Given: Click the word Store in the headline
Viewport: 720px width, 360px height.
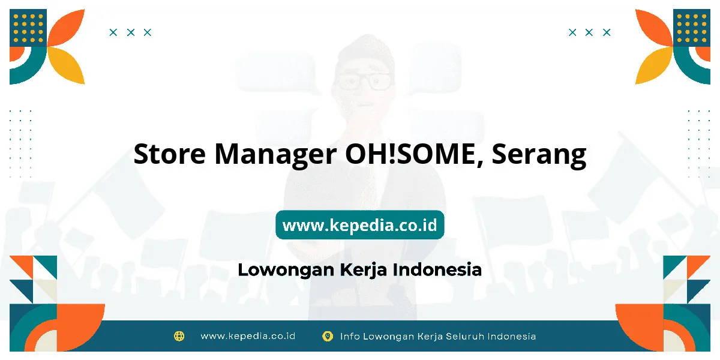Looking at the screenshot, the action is (169, 154).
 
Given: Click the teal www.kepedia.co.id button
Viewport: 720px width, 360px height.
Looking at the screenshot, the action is (359, 224).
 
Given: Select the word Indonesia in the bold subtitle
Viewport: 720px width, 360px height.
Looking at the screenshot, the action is (437, 269).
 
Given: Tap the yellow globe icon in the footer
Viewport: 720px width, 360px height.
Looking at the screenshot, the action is (179, 336).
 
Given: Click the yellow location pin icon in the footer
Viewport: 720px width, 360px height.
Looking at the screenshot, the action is (328, 336).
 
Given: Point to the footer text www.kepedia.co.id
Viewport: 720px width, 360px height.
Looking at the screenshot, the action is (248, 336).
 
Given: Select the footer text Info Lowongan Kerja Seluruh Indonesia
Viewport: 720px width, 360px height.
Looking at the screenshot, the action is (438, 336).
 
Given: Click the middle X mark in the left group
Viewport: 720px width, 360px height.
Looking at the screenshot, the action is (131, 32).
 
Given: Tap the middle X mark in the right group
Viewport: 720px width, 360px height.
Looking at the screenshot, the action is (589, 32).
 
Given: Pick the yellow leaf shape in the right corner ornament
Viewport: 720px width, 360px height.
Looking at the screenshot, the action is (654, 65).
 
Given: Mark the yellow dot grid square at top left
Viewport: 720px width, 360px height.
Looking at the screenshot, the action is (28, 28).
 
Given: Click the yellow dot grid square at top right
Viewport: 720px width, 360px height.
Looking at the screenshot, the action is (692, 28).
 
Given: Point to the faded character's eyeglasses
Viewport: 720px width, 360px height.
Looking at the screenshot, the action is (363, 80).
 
